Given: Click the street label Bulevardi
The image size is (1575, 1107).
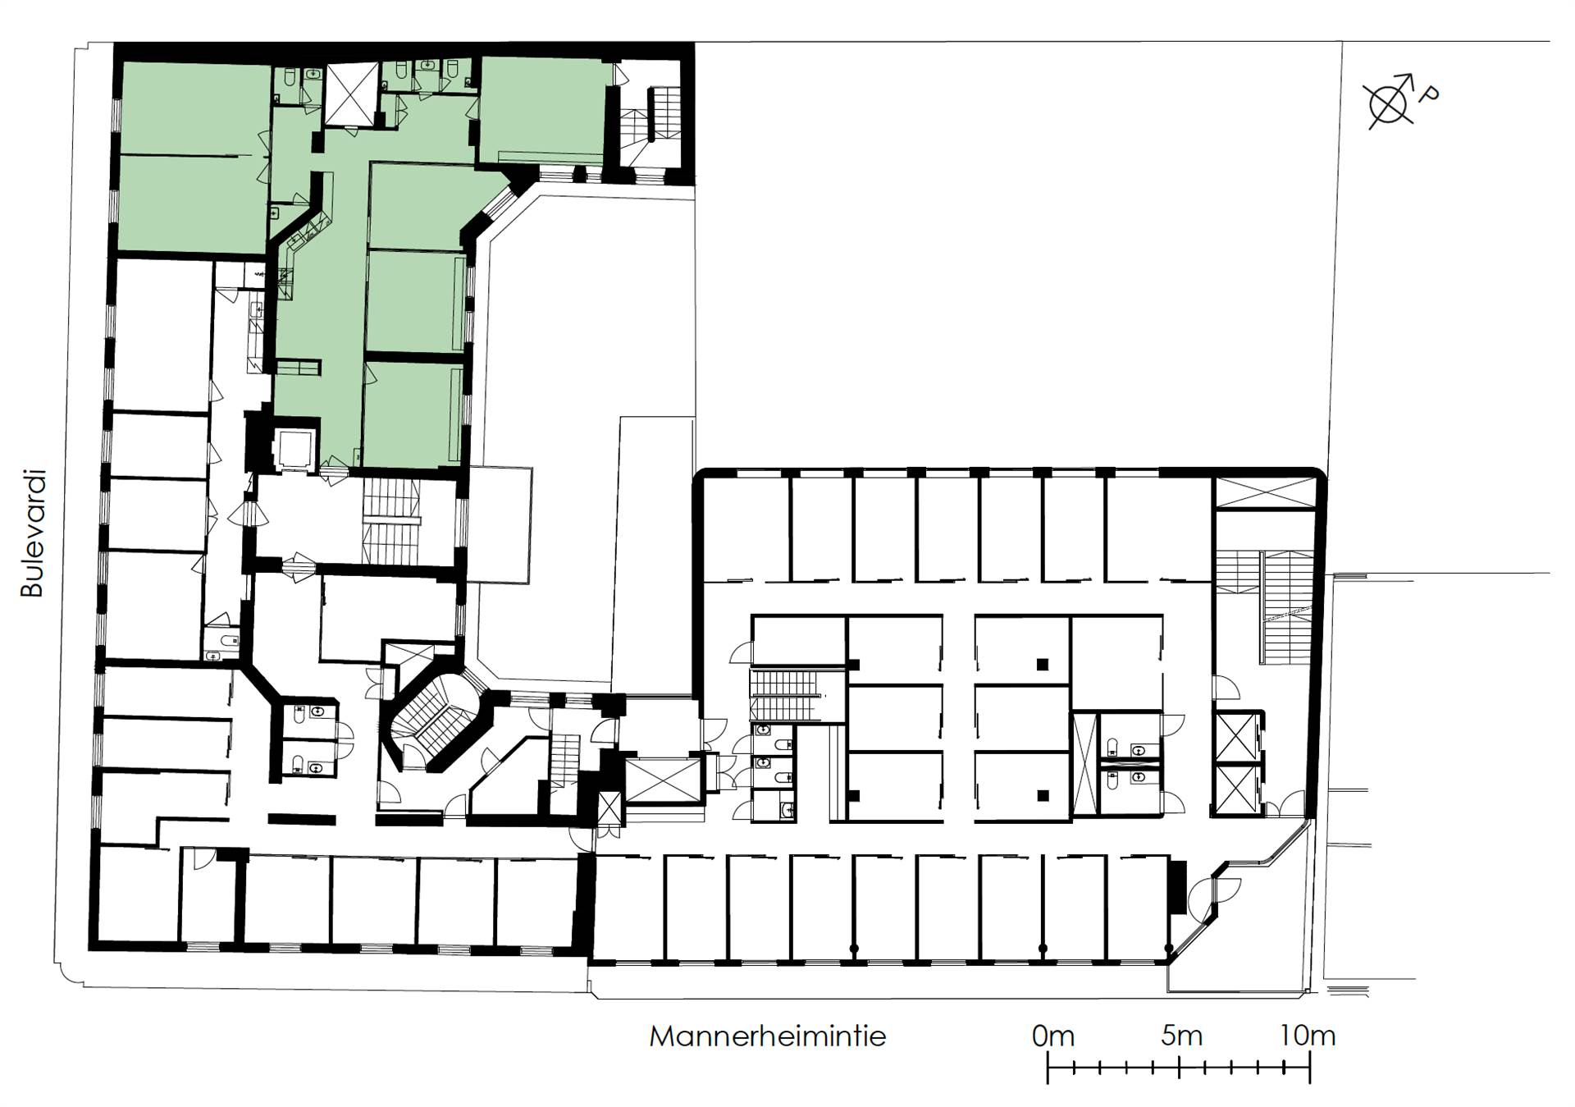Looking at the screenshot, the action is pos(32,533).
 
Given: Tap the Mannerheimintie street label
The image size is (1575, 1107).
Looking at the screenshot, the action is pos(768,1036).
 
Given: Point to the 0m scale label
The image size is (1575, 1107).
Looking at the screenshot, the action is pos(1052,1036).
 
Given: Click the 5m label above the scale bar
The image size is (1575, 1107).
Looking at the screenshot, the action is pos(1181,1036).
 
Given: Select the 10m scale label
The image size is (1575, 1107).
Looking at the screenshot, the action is pos(1308,1036).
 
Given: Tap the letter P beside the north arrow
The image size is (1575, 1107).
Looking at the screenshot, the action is pos(1428,95).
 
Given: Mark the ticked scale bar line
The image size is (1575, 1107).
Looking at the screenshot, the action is pos(1179,1068).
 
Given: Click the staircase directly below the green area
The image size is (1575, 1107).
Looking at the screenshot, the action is pos(391,521).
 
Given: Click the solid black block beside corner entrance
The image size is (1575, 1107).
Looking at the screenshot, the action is pos(1177,886).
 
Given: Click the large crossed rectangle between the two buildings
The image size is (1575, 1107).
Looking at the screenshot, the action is pos(664,780).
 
